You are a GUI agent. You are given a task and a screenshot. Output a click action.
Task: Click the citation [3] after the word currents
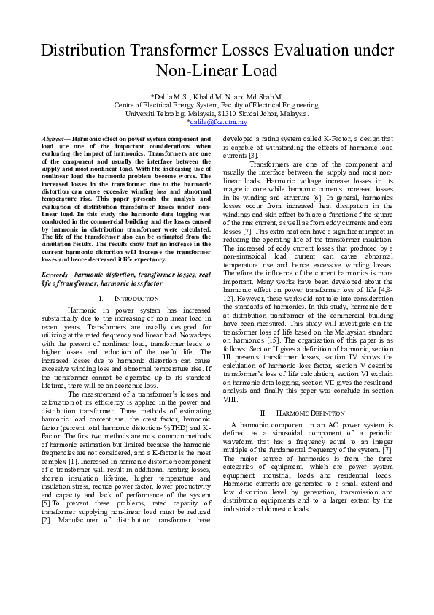(x=252, y=156)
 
